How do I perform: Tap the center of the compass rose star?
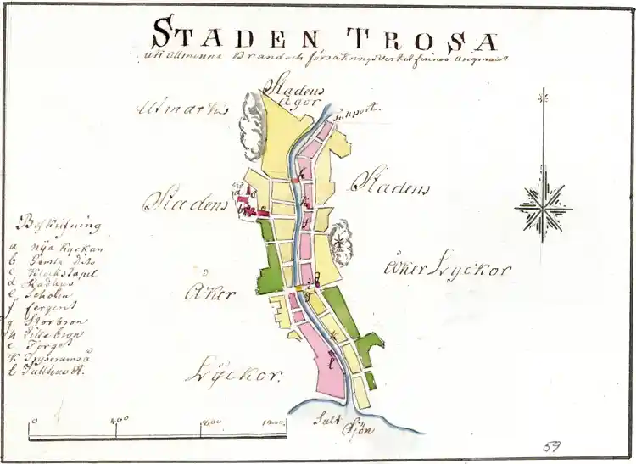[544, 207]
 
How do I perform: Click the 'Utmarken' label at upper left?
[182, 108]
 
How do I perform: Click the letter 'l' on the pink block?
[331, 363]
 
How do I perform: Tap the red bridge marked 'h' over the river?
[296, 180]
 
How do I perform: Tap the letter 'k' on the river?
[334, 336]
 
